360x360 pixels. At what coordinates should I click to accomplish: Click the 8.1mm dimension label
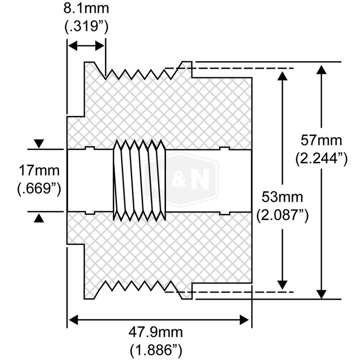pos(86,9)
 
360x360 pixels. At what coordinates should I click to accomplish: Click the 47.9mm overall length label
pos(157,334)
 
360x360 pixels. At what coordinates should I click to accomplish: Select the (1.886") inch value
pos(157,350)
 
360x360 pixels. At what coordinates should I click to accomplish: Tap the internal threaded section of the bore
pos(139,180)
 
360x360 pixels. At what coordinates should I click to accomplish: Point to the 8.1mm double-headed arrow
pos(86,46)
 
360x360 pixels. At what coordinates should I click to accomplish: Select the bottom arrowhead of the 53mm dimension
pos(282,284)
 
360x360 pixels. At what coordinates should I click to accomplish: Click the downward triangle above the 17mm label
pos(40,144)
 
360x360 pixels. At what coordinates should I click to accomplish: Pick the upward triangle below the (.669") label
pos(40,218)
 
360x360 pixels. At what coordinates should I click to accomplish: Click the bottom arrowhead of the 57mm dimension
pos(321,292)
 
